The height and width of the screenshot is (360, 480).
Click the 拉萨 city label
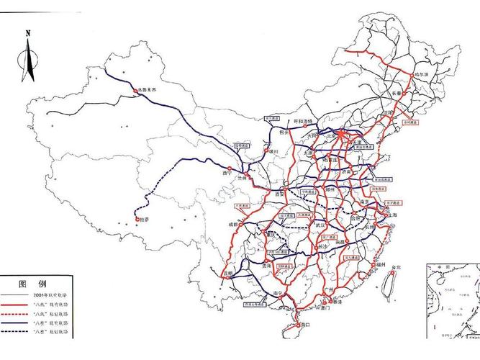144,220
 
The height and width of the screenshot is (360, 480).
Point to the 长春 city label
399,93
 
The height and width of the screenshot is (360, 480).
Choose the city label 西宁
229,173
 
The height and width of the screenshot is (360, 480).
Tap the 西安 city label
280,194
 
